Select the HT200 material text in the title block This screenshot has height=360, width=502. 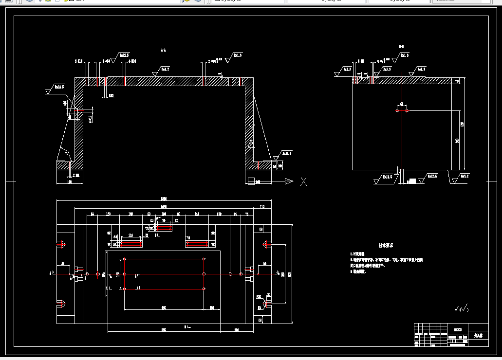[x=457, y=329]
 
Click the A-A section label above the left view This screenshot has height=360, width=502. [x=164, y=50]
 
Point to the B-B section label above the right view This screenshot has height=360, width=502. [x=401, y=47]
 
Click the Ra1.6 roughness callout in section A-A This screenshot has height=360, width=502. [x=237, y=55]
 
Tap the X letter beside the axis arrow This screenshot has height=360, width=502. [x=304, y=181]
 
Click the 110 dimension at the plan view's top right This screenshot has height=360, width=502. [x=263, y=207]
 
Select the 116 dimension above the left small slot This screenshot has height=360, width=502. [x=130, y=235]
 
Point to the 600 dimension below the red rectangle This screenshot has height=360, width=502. [x=164, y=307]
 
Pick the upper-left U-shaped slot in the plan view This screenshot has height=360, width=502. [x=62, y=244]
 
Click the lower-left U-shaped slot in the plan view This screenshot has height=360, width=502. [x=62, y=305]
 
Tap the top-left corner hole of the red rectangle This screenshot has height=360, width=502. [x=125, y=259]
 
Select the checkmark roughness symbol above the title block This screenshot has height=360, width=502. [x=460, y=308]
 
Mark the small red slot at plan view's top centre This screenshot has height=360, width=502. [x=164, y=227]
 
